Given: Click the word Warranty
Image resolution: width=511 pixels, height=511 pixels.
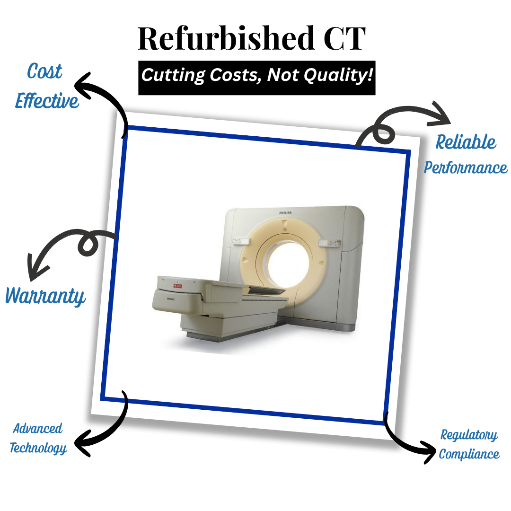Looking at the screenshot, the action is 45,296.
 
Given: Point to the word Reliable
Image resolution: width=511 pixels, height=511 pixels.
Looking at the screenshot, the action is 466,142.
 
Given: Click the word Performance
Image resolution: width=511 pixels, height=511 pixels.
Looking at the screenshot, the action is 466,167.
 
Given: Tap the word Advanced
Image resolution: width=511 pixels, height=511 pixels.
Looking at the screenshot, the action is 37,428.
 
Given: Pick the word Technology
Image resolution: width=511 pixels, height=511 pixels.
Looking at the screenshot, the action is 38,448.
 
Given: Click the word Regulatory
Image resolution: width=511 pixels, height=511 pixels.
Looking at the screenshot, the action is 469,435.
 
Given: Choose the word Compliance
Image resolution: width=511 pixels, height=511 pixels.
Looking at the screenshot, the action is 469,454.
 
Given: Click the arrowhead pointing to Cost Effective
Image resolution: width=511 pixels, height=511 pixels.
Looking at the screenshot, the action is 81,85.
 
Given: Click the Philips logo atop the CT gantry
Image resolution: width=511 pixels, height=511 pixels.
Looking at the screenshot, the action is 285,213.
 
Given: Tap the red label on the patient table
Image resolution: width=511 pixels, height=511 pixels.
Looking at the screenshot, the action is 177,286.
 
